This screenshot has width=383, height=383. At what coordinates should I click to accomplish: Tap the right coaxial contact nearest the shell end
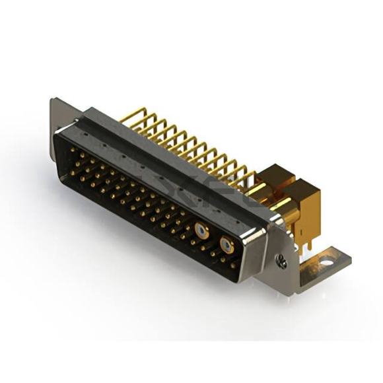pyautogui.click(x=226, y=246)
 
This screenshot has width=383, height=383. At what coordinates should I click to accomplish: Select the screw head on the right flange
pyautogui.click(x=281, y=261)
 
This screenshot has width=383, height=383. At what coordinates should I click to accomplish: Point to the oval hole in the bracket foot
pyautogui.click(x=326, y=263)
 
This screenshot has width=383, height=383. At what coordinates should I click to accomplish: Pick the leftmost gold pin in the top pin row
pyautogui.click(x=72, y=151)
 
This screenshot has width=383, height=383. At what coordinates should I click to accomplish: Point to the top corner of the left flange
pyautogui.click(x=53, y=100)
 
